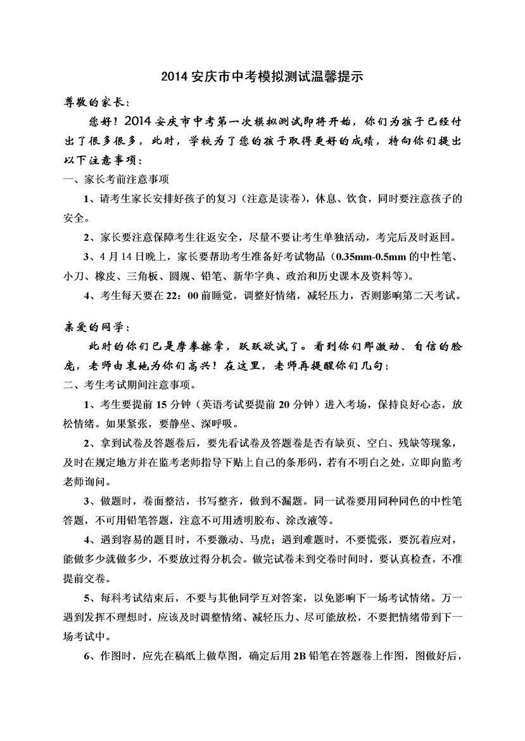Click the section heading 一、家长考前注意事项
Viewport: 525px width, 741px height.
117,179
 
